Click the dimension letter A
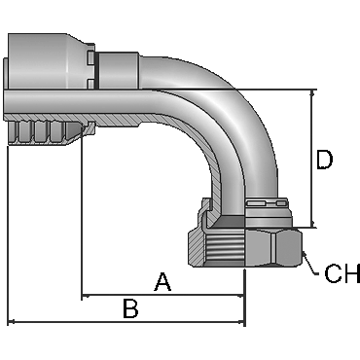162,282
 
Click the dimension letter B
131,308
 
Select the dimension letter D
324,160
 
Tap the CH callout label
342,273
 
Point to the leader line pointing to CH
309,264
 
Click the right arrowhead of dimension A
240,296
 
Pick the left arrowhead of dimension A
86,296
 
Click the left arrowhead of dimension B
12,322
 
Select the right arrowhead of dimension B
240,322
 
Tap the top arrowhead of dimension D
313,94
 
